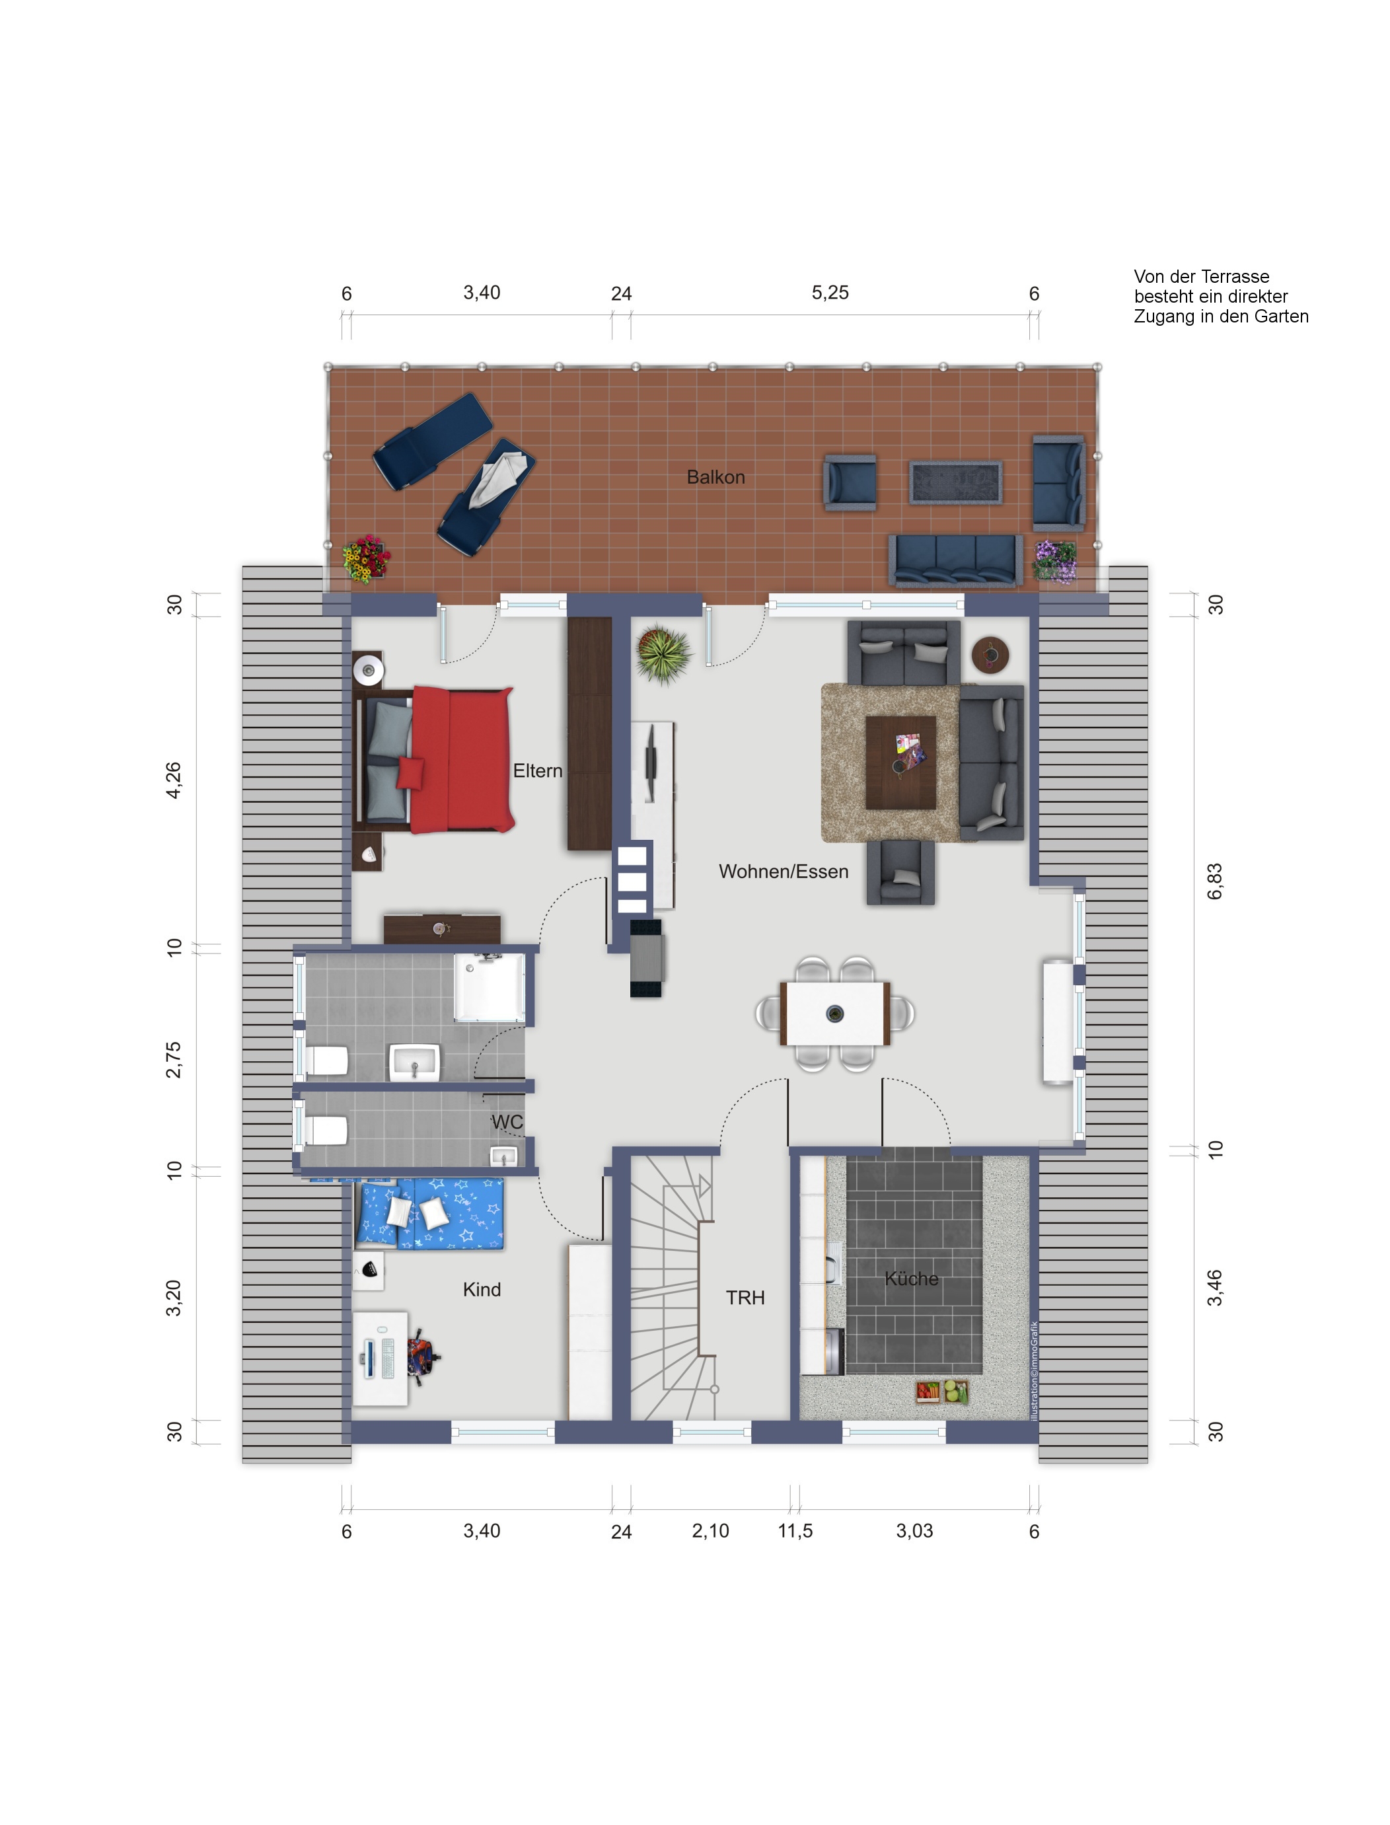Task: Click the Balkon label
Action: coord(715,477)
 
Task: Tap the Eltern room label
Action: coord(538,771)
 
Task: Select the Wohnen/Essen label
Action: coord(784,872)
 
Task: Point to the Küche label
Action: coord(912,1279)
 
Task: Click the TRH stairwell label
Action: coord(745,1298)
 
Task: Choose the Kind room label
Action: coord(482,1290)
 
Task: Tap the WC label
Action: coord(507,1122)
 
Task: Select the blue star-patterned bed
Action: coord(429,1214)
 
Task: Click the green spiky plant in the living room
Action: coord(663,654)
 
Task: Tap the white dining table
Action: coord(836,1014)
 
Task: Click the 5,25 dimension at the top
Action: coord(830,293)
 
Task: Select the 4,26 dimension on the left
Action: coord(174,780)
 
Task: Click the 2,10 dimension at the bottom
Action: coord(711,1532)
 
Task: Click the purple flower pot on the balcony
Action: coord(1055,562)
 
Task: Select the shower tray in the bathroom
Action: coord(489,987)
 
